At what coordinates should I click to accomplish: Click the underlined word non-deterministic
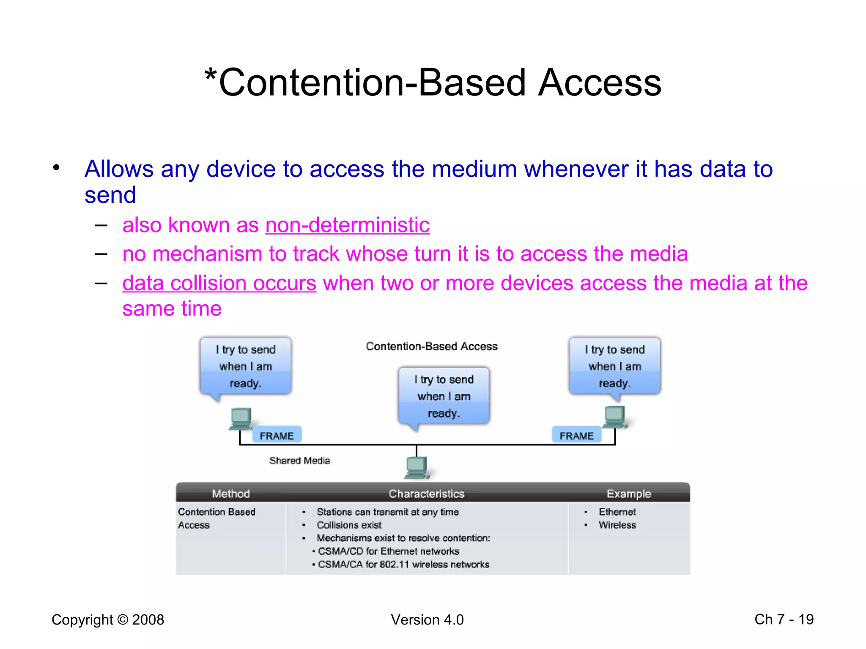[347, 225]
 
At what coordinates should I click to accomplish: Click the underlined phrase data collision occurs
[219, 283]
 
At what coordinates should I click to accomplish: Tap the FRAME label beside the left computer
[277, 435]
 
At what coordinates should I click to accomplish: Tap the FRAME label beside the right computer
[576, 435]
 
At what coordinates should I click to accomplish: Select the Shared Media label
[299, 461]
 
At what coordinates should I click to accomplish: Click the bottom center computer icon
[417, 467]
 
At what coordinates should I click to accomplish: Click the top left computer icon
[241, 419]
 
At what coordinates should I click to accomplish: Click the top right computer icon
[614, 417]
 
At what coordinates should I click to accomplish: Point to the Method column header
[231, 494]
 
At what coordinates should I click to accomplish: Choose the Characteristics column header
[426, 494]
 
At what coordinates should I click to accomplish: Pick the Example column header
[629, 494]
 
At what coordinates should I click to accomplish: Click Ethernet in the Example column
[617, 512]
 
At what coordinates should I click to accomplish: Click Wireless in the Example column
[617, 525]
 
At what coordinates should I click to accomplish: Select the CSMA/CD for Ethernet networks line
[388, 551]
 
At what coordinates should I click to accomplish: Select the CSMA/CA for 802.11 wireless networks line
[403, 564]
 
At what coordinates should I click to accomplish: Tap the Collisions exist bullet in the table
[349, 525]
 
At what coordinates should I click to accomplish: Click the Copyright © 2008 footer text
[108, 620]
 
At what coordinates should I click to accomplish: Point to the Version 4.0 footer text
[427, 620]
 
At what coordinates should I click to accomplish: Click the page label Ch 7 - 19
[784, 619]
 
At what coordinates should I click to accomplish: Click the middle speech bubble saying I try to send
[444, 396]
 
